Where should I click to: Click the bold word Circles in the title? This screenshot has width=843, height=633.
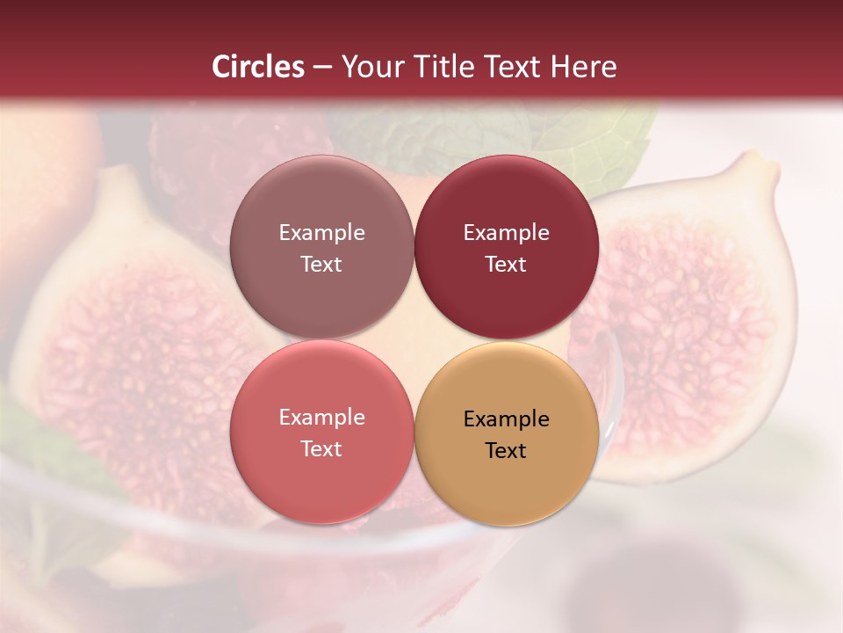pyautogui.click(x=258, y=67)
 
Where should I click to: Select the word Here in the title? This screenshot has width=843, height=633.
pyautogui.click(x=584, y=67)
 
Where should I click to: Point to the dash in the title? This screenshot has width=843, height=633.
pyautogui.click(x=322, y=68)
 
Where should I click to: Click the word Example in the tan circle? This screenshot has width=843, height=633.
pyautogui.click(x=507, y=418)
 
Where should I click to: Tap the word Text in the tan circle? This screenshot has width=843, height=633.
pyautogui.click(x=506, y=450)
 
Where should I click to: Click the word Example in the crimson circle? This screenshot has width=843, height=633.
pyautogui.click(x=507, y=232)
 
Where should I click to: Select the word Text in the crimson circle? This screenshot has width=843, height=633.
pyautogui.click(x=506, y=264)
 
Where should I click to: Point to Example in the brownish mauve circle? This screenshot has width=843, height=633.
pyautogui.click(x=321, y=232)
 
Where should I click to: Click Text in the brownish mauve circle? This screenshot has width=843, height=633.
pyautogui.click(x=321, y=264)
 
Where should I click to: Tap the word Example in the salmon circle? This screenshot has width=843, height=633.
pyautogui.click(x=321, y=417)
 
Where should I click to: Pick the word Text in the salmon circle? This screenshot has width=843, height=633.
pyautogui.click(x=321, y=448)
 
